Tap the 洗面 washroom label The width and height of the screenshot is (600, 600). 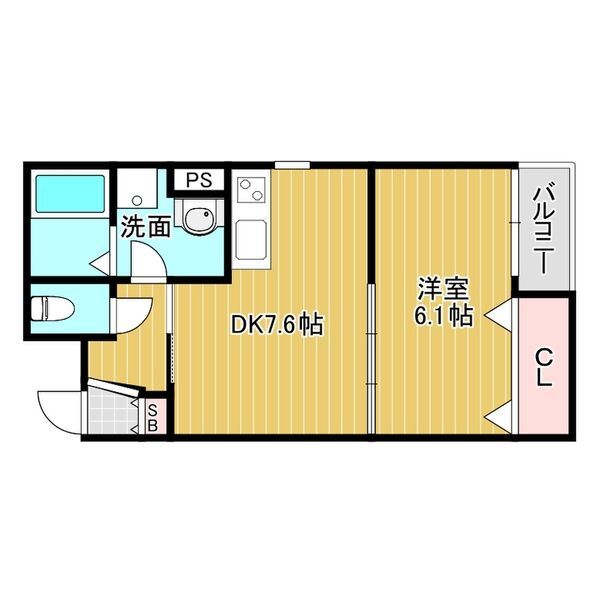(x=145, y=226)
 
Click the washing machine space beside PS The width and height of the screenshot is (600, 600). (x=141, y=189)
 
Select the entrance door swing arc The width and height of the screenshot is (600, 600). (x=58, y=407)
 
